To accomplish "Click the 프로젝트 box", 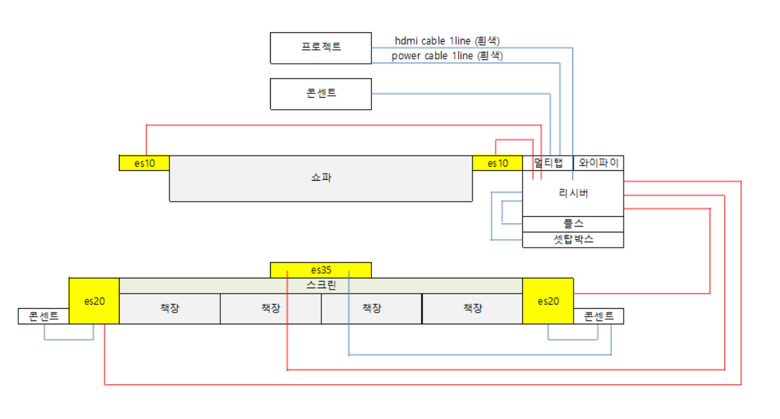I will coord(321,48).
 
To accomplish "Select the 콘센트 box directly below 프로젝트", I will coord(321,93).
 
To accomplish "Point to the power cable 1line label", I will coord(447,56).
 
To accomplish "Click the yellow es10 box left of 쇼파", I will coord(145,163).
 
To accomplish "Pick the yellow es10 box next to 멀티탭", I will coord(497,163).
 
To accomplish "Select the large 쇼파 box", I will coord(321,179).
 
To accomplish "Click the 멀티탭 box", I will coord(548,163).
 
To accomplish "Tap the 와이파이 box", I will coord(598,163).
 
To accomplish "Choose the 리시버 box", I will coord(573,193).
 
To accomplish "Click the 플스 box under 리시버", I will coord(573,224).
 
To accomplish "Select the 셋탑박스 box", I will coord(573,239).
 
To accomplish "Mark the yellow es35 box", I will coord(321,269).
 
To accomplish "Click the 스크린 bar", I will coord(321,286).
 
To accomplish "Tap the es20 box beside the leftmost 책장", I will coord(94,301).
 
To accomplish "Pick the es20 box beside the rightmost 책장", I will coord(548,301).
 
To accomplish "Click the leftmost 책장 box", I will coord(170,309).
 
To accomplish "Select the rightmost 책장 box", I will coord(472,309).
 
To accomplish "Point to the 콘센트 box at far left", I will coord(43,317).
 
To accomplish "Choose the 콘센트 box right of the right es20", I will coord(598,317).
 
